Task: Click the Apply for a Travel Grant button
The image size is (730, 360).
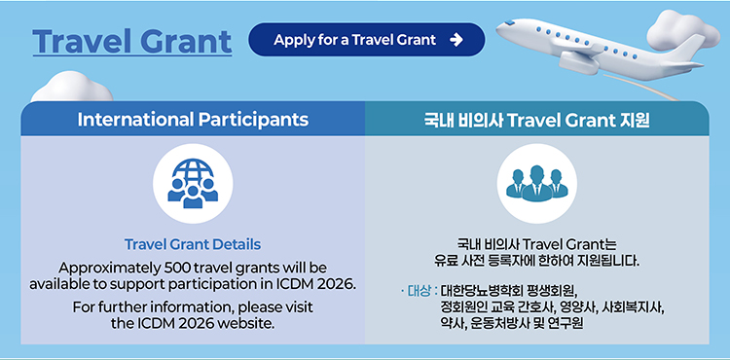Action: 366,40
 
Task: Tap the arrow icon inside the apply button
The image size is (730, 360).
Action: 456,40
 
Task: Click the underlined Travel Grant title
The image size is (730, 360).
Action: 131,42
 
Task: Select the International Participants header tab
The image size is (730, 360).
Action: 193,119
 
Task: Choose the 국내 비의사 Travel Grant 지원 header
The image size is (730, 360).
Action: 536,120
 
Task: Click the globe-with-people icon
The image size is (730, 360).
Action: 193,183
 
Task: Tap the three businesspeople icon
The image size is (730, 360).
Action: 536,183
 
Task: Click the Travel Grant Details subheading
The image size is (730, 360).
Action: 193,244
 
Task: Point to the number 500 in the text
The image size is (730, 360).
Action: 176,269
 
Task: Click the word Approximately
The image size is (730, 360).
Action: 110,269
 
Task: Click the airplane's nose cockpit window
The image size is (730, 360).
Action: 509,21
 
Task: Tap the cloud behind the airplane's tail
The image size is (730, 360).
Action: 681,29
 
